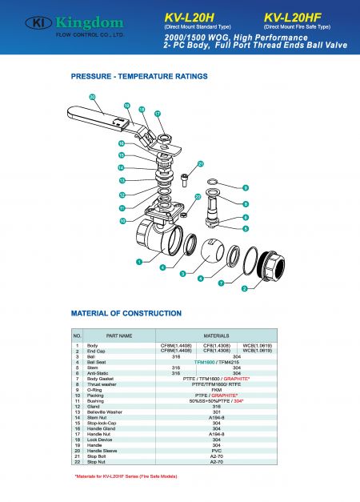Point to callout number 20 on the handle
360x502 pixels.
[92, 97]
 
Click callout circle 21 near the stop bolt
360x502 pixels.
[201, 163]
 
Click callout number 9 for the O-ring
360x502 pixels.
[246, 188]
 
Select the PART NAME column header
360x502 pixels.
[119, 335]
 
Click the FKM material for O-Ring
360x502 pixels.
[216, 389]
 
